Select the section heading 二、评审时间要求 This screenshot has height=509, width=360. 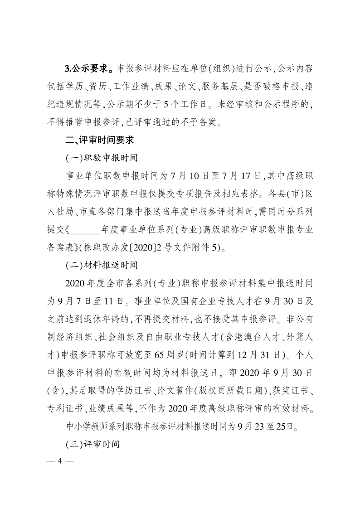coord(98,141)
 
